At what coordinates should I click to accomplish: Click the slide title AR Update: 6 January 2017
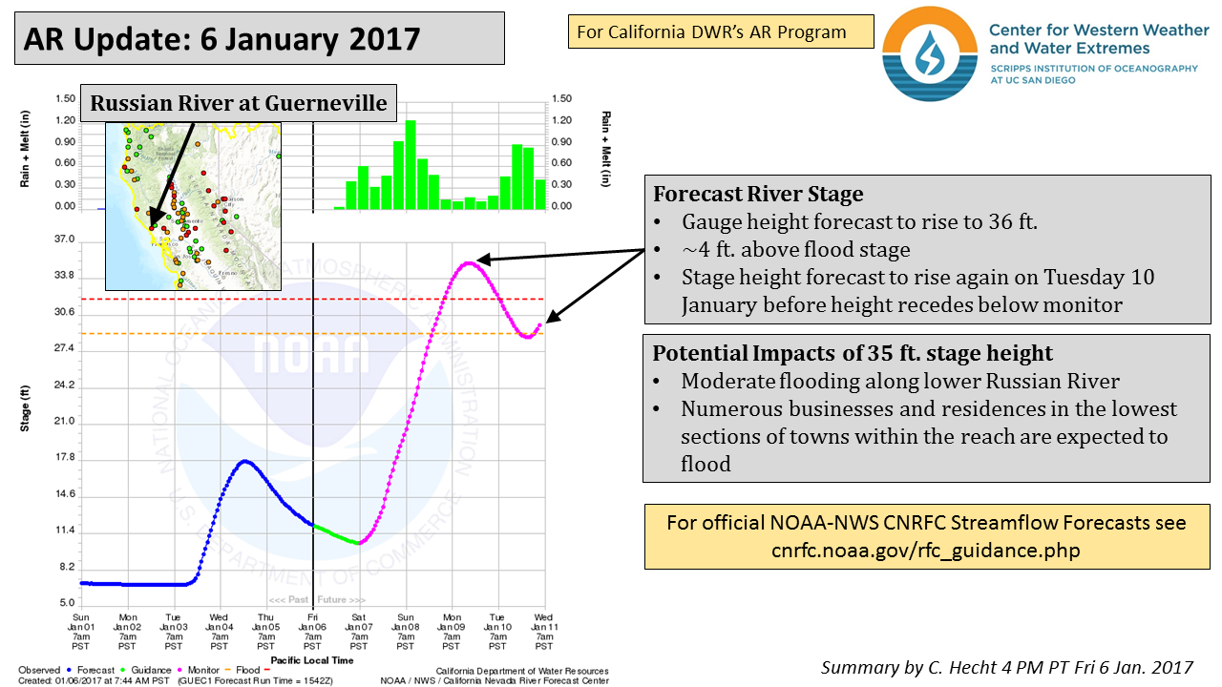[221, 39]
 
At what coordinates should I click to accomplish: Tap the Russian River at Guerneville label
[239, 102]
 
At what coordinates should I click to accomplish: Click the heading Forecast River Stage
[758, 195]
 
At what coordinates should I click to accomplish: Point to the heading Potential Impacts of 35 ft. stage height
[853, 353]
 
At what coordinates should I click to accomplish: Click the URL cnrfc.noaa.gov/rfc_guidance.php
[925, 551]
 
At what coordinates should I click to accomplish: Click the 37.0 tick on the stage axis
[65, 239]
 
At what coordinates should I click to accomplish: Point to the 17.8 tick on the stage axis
[65, 458]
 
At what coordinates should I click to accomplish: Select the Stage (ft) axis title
[26, 408]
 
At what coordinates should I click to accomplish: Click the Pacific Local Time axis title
[312, 660]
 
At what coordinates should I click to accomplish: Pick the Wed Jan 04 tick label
[219, 632]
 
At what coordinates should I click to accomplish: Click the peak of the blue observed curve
[245, 462]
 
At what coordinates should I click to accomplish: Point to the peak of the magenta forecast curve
[468, 262]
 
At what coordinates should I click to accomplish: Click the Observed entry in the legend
[39, 671]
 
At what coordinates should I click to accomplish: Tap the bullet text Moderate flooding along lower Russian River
[900, 382]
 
